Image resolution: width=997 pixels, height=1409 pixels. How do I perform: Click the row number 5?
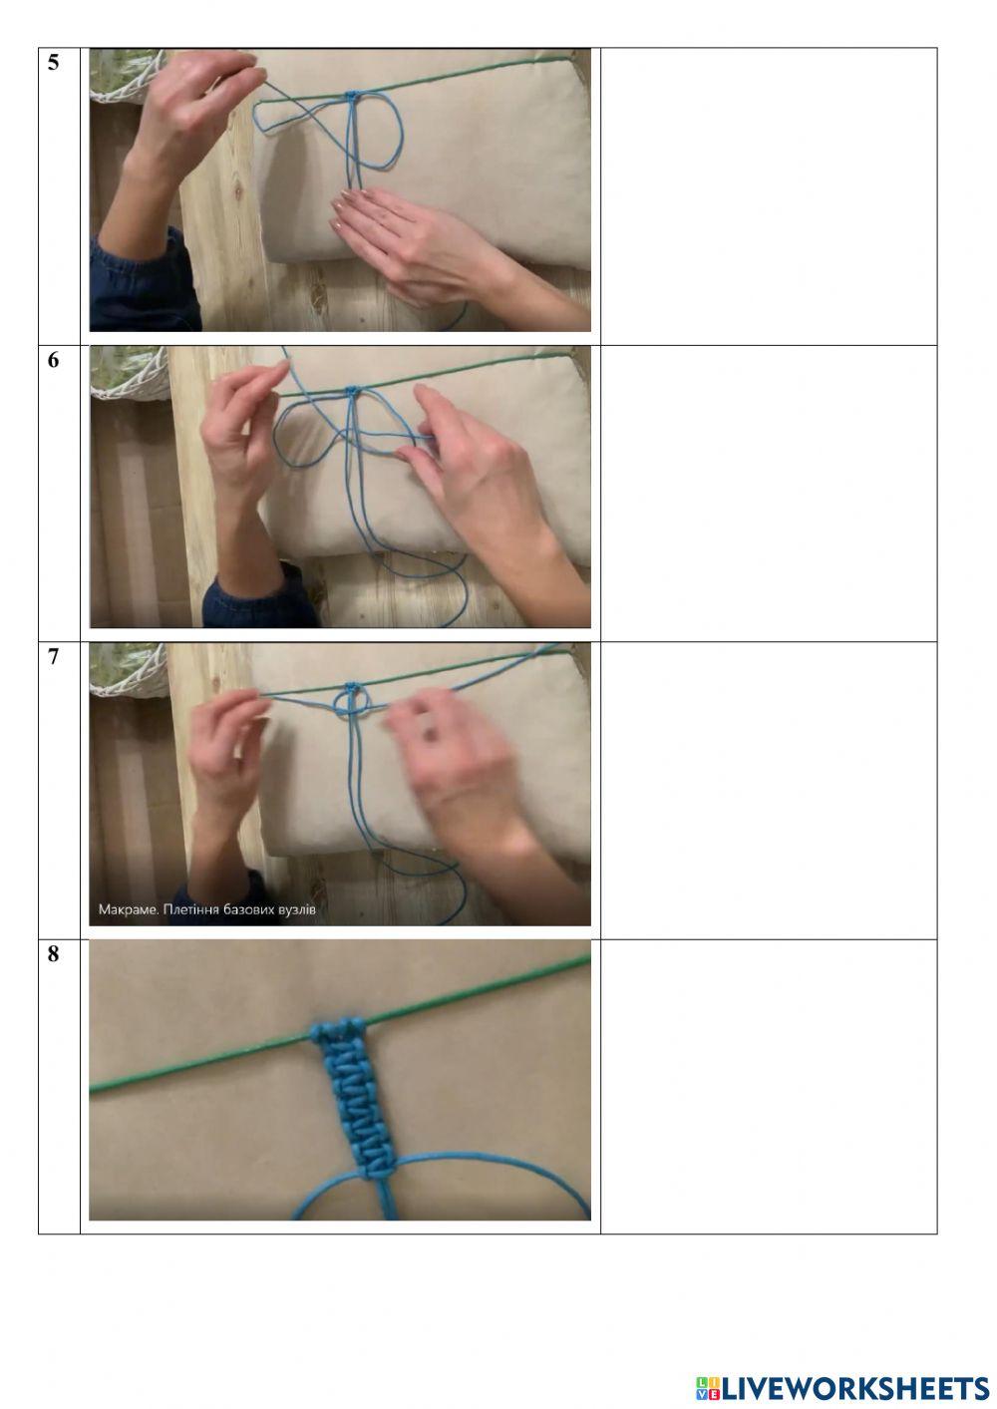click(x=54, y=62)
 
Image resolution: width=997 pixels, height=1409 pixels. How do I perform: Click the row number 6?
click(x=54, y=360)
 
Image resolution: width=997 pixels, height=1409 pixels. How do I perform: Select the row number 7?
click(x=54, y=657)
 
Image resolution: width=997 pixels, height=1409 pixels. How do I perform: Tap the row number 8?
click(x=54, y=954)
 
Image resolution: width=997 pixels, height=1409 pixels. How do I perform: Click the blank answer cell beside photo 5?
click(x=769, y=196)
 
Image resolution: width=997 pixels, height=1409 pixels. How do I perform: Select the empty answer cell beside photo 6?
click(x=769, y=494)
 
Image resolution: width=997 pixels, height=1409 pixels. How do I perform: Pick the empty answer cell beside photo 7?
click(x=769, y=791)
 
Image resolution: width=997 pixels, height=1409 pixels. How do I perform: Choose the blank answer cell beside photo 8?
click(x=769, y=1087)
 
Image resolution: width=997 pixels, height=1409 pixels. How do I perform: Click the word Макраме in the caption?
click(x=127, y=909)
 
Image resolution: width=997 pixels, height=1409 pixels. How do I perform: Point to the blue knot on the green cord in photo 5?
click(x=352, y=96)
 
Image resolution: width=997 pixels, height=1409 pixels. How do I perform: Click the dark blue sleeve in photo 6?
click(x=259, y=599)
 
